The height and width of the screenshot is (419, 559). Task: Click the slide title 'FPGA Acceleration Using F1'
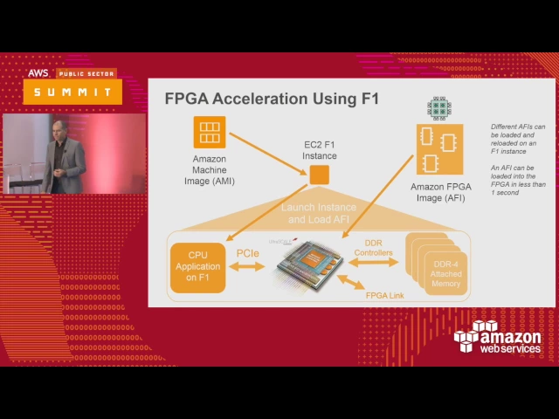272,99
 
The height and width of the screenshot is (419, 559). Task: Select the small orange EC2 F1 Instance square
320,174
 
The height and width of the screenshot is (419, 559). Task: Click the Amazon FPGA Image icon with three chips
438,150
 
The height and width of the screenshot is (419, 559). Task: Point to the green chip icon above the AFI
438,107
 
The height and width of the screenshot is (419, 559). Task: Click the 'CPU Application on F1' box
198,266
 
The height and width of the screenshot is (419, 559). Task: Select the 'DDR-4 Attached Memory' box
445,273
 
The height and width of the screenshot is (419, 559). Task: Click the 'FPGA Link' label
385,296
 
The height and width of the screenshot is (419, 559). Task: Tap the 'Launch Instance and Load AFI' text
319,213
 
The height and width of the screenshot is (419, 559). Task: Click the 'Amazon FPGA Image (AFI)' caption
438,192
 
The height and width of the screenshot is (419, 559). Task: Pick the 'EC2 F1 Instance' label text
320,149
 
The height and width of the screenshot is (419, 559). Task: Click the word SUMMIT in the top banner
73,92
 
